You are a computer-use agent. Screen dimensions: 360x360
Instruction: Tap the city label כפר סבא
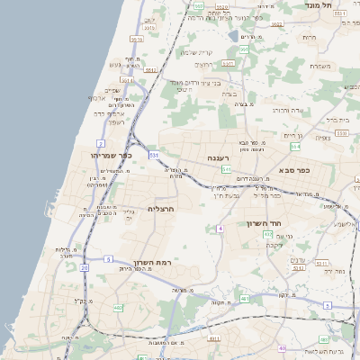pyautogui.click(x=294, y=169)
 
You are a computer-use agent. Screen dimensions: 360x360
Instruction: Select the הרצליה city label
pyautogui.click(x=159, y=209)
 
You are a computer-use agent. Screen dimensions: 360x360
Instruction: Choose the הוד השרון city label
pyautogui.click(x=265, y=223)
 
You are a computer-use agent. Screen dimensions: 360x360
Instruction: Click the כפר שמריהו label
pyautogui.click(x=112, y=155)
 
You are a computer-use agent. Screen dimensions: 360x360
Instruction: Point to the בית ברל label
pyautogui.click(x=336, y=119)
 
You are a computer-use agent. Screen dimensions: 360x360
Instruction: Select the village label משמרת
pyautogui.click(x=319, y=66)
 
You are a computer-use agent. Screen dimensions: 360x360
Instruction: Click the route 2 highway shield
pyautogui.click(x=101, y=143)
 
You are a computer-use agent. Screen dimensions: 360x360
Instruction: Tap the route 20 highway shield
pyautogui.click(x=84, y=267)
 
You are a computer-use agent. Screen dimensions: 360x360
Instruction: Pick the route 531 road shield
pyautogui.click(x=155, y=155)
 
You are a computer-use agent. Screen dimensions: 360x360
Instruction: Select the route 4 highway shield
pyautogui.click(x=220, y=229)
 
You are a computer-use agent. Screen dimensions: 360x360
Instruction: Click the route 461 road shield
pyautogui.click(x=244, y=298)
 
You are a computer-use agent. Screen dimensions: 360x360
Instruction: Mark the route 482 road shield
pyautogui.click(x=118, y=307)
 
